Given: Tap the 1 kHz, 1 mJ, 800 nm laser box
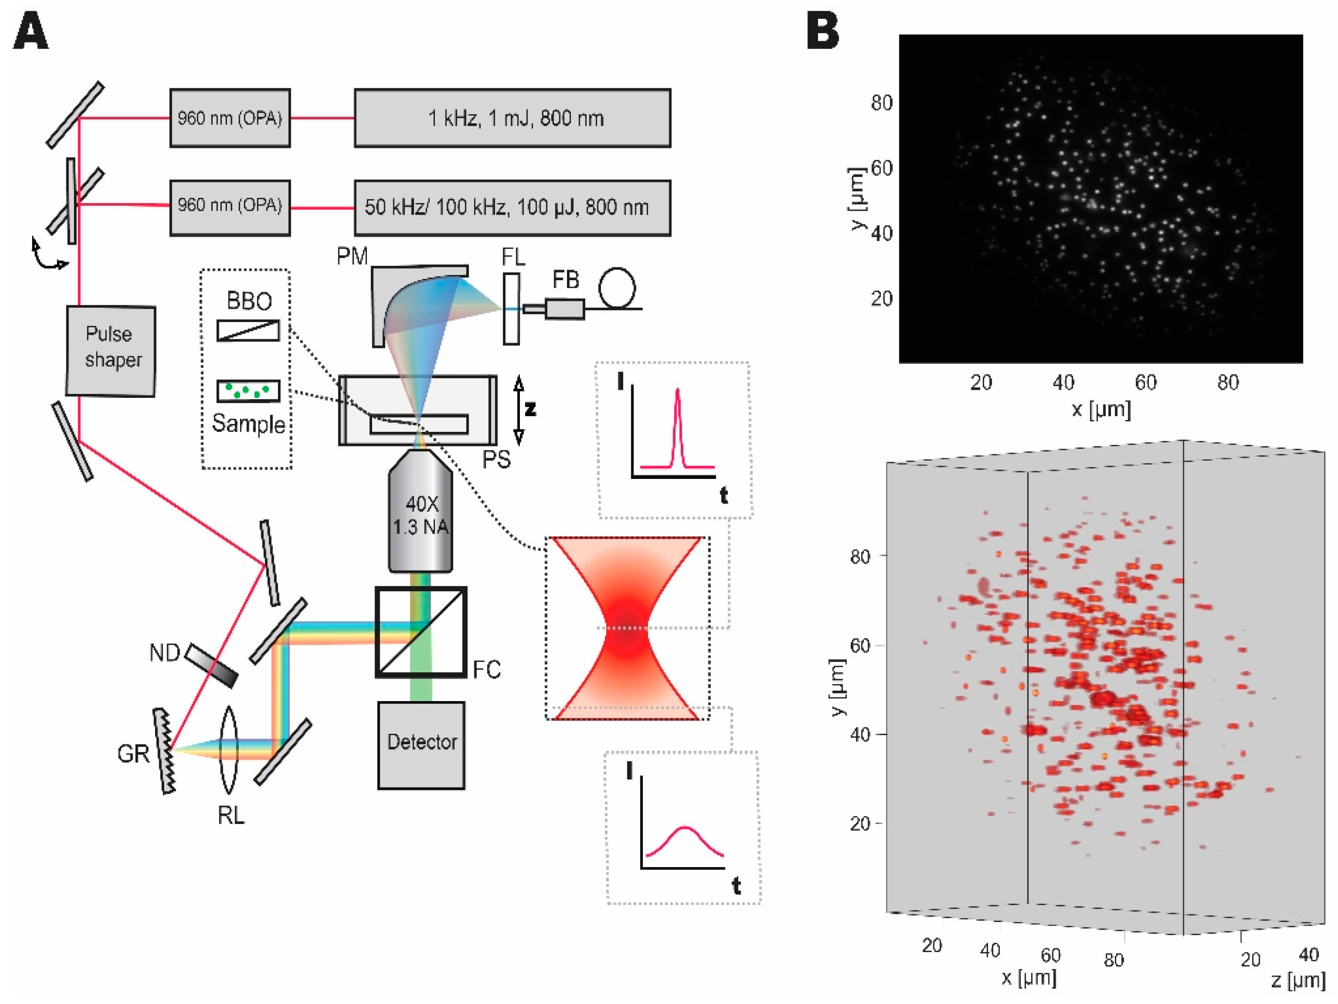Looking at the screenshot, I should tap(512, 118).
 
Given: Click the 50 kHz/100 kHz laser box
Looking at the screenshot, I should tap(512, 207).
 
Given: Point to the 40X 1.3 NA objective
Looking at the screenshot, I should tap(421, 514).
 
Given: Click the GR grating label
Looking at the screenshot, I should tap(133, 753).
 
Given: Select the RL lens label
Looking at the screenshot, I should tap(231, 816).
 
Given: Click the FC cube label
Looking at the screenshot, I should tap(487, 670).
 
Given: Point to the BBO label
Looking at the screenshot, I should tap(249, 300).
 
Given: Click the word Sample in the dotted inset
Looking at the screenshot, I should tap(249, 424).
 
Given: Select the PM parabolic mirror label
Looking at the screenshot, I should tap(352, 256).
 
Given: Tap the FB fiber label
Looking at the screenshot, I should tap(566, 280).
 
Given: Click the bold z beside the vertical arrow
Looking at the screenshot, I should tap(530, 409).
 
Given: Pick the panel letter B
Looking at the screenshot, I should tap(823, 32).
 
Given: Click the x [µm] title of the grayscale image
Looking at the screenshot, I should tap(1101, 409).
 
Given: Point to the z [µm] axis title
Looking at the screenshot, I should tap(1298, 980).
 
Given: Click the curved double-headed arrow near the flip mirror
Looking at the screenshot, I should tap(48, 255).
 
